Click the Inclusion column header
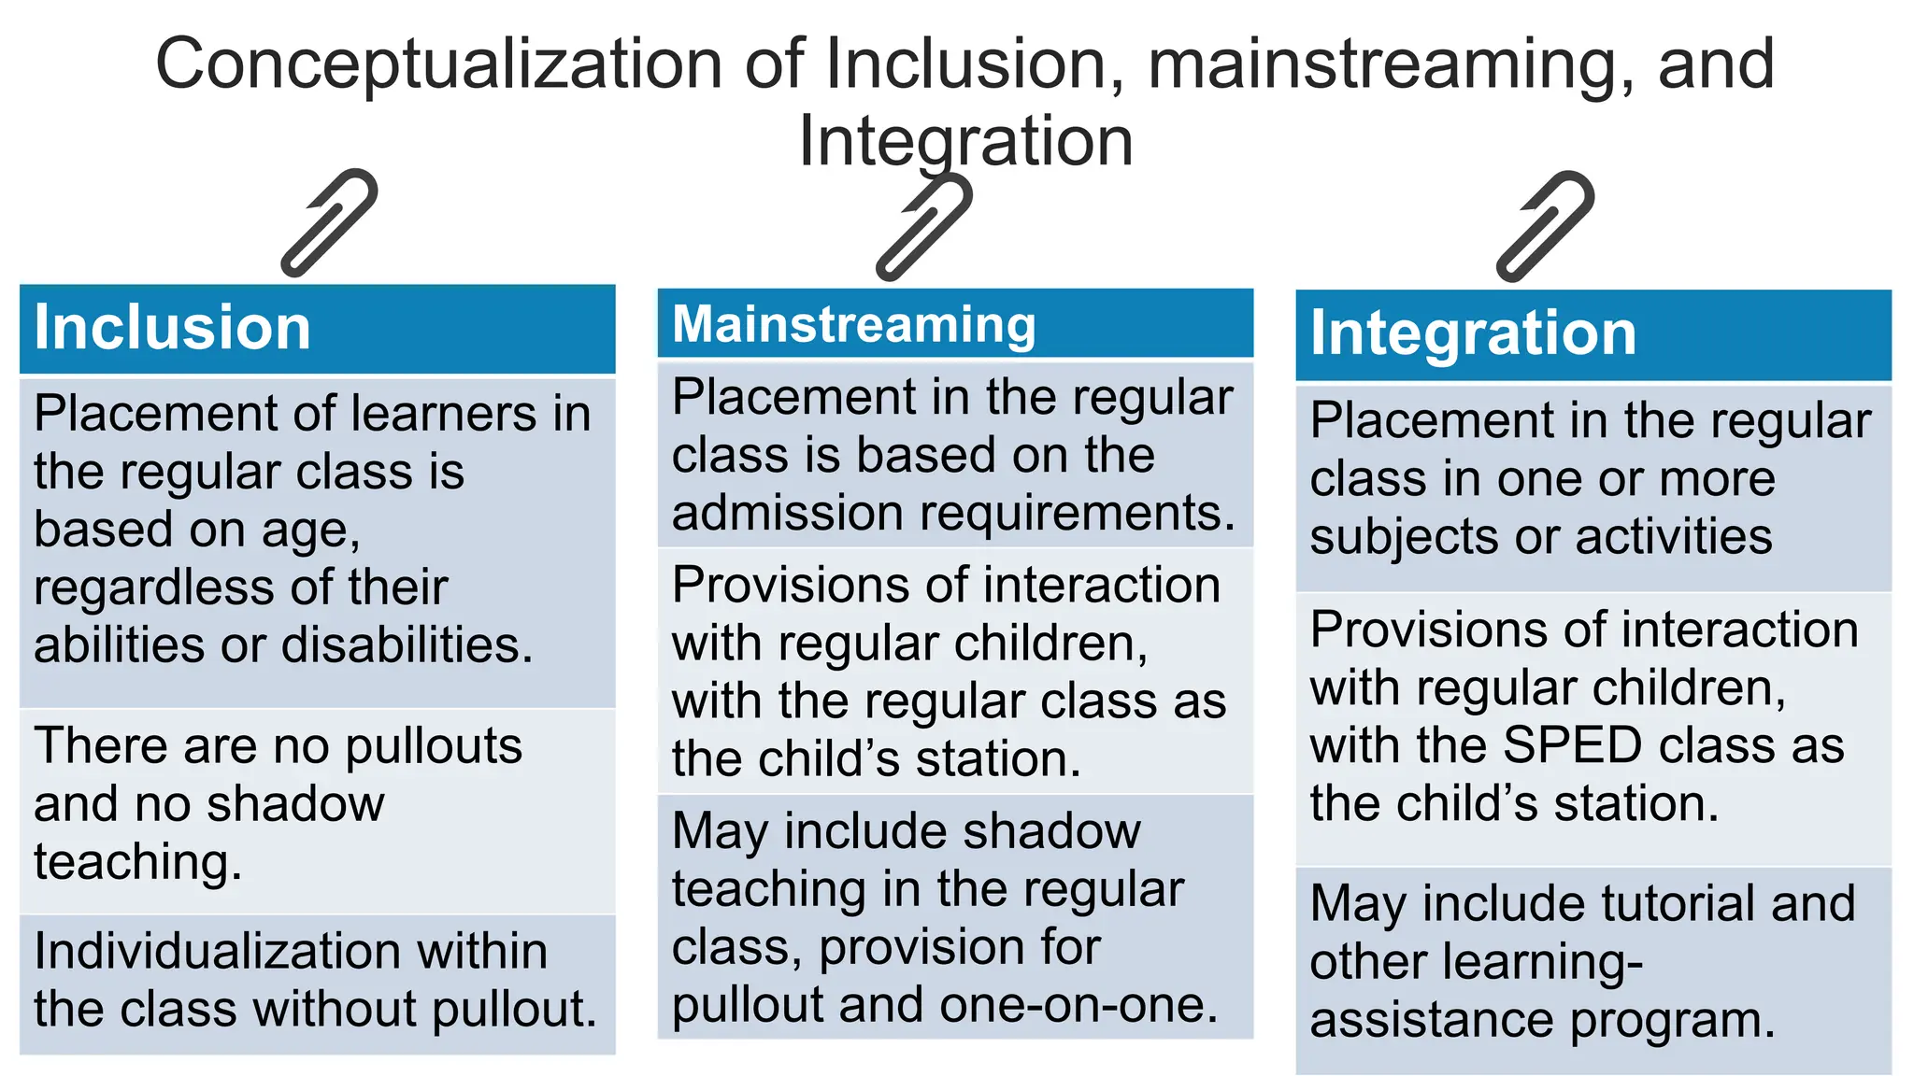[x=172, y=328]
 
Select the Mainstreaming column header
[x=853, y=324]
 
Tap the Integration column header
[x=1473, y=333]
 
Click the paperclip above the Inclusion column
[x=329, y=223]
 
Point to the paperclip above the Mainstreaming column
[x=923, y=227]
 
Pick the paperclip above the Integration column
[x=1545, y=227]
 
